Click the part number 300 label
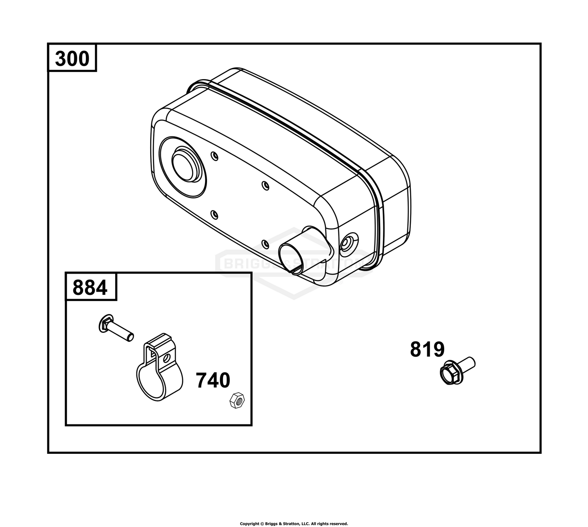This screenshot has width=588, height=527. coord(72,59)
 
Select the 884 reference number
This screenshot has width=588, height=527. coord(90,287)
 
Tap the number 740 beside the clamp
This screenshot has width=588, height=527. coord(213,380)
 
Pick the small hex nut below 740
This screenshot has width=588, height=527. coord(237,401)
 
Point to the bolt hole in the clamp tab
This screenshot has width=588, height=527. coord(166,359)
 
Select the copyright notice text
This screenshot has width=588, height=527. coord(294,523)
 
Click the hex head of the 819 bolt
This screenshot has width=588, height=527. coord(450,374)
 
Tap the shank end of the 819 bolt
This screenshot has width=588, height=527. coord(472,361)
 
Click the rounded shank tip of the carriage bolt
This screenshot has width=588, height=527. coord(131,337)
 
